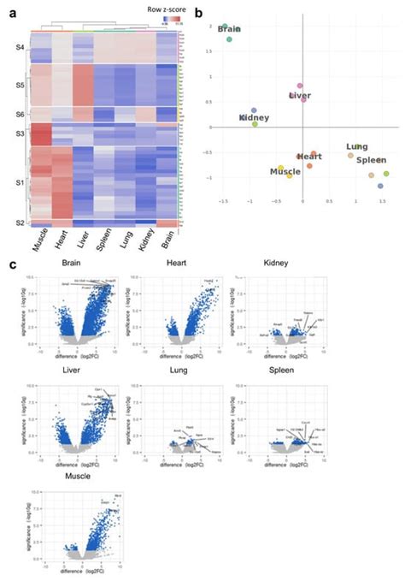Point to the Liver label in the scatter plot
[300, 96]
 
